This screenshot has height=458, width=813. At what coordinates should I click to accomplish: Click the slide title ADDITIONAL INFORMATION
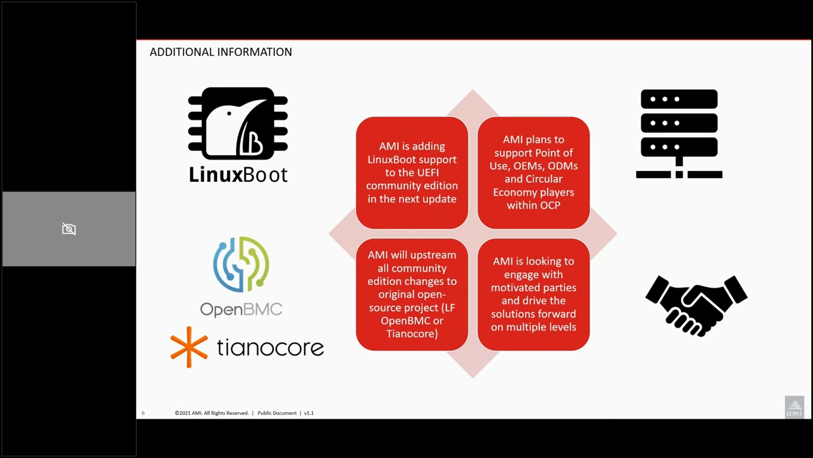click(x=220, y=52)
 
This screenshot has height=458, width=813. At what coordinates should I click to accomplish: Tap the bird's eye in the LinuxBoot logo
click(x=229, y=113)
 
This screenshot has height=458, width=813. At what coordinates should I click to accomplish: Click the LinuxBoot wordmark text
click(x=238, y=175)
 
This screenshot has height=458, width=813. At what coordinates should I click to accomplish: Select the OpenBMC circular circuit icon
click(x=241, y=264)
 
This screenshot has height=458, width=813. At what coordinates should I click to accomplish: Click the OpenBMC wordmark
click(x=241, y=309)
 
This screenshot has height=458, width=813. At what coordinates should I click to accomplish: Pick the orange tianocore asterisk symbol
click(x=189, y=347)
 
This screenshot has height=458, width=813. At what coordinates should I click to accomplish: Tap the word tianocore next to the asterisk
click(x=271, y=347)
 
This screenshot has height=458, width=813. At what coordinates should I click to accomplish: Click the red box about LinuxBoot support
click(x=412, y=172)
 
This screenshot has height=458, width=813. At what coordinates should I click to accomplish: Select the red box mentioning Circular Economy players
click(x=534, y=172)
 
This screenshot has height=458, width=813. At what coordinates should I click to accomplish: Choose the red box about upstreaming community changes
click(x=412, y=295)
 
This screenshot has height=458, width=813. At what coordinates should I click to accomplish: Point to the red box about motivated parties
click(x=534, y=295)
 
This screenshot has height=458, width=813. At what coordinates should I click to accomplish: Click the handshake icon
click(x=696, y=306)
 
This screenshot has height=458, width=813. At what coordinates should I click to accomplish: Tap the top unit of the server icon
click(x=679, y=99)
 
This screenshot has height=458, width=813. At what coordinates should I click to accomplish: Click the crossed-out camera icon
click(x=69, y=229)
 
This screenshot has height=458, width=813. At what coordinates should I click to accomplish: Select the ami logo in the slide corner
click(x=794, y=407)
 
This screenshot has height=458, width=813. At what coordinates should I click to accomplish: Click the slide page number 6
click(x=143, y=413)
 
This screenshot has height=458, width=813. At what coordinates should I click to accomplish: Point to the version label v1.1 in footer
click(x=309, y=413)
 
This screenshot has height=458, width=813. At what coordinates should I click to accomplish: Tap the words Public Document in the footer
click(x=277, y=413)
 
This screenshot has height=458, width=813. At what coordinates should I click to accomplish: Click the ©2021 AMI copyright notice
click(x=212, y=413)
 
